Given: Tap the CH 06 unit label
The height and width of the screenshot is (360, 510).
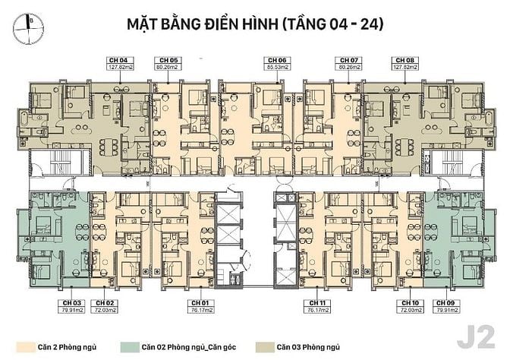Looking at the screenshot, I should pyautogui.click(x=277, y=59).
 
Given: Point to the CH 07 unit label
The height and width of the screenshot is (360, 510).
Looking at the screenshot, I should pyautogui.click(x=348, y=59).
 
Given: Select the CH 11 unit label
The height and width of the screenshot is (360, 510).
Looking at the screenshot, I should pyautogui.click(x=317, y=302).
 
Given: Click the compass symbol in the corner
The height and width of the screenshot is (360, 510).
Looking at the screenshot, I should pyautogui.click(x=27, y=25).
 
